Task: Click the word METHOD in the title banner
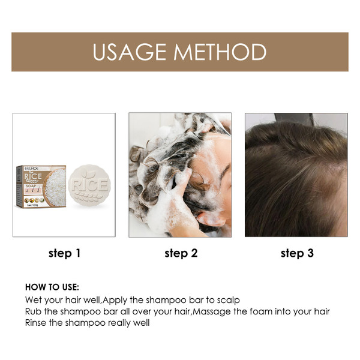coord(221,52)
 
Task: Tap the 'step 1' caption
coord(64,253)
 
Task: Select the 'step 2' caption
coord(181,253)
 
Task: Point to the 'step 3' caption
coord(297,253)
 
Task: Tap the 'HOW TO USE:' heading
coord(52,287)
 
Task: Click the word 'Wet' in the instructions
coord(33,299)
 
